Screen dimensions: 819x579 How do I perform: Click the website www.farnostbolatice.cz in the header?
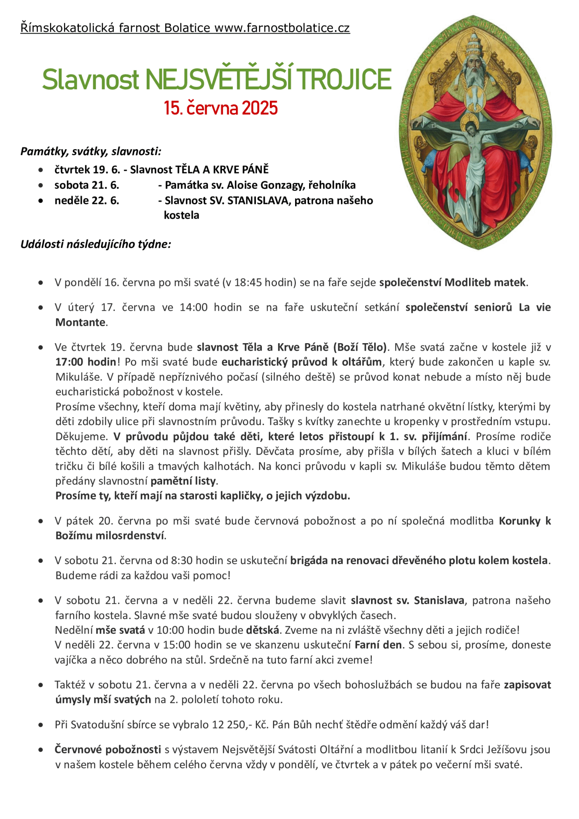click(282, 28)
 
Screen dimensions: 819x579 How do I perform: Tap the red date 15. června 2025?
click(220, 108)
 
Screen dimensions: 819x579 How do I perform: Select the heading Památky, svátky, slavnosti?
click(91, 152)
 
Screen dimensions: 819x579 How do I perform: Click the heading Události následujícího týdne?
click(96, 244)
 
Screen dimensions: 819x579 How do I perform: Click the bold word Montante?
click(80, 322)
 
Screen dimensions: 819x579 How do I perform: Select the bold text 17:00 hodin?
click(86, 362)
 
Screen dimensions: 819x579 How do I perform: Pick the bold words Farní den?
click(378, 645)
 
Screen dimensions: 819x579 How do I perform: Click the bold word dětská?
click(262, 630)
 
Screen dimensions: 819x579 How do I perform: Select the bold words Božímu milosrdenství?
click(110, 535)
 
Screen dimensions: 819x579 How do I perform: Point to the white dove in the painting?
click(475, 98)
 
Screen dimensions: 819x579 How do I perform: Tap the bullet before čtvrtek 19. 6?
click(40, 170)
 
